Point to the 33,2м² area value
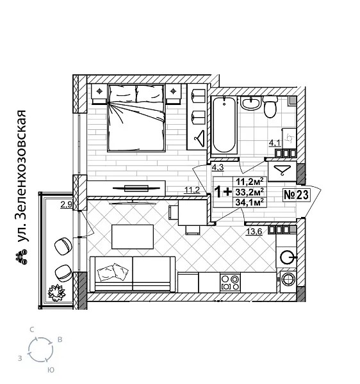[250, 192]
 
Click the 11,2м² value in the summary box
[250, 181]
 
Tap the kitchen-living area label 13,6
[254, 232]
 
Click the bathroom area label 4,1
[274, 143]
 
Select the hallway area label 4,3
[217, 168]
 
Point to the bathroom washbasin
[251, 103]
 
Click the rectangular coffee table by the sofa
[133, 236]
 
